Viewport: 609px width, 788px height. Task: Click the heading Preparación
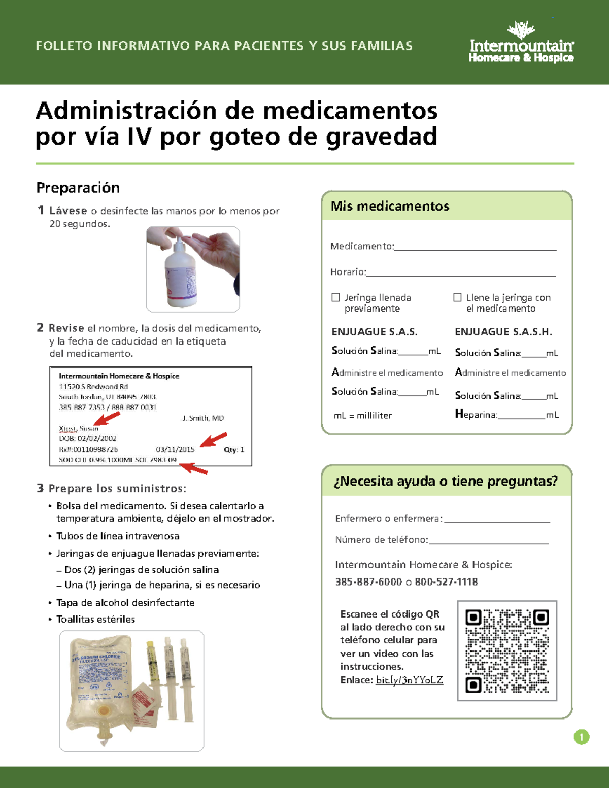tap(78, 188)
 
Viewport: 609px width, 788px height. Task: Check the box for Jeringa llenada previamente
tap(335, 297)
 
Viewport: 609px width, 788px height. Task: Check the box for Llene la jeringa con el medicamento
tap(457, 297)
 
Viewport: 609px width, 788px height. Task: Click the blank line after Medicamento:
tap(475, 248)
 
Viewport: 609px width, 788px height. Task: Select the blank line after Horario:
tap(461, 274)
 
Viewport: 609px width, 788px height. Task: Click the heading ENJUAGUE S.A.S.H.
tap(503, 332)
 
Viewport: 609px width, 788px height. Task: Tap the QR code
tap(507, 651)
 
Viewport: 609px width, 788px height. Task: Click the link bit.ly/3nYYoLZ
tap(409, 680)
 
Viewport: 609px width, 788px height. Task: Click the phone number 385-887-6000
tap(368, 582)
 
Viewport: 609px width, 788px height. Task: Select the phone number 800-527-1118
tap(446, 582)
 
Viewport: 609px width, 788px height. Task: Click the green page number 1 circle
tap(581, 737)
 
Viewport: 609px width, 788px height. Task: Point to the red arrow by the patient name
tap(108, 419)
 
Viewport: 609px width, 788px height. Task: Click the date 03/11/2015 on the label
tap(175, 449)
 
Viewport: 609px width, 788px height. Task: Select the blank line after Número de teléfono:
tap(489, 542)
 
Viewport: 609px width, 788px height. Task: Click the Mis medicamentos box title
tap(390, 206)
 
